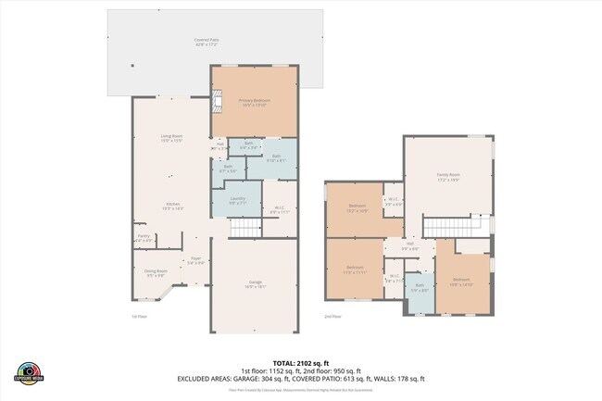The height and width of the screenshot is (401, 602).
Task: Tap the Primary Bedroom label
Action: [x=253, y=102]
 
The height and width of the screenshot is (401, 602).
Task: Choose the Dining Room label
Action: [x=155, y=273]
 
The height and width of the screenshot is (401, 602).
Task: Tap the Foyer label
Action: [x=196, y=261]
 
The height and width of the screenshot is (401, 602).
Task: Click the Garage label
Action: [x=255, y=284]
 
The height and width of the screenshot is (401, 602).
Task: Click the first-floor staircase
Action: [x=247, y=228]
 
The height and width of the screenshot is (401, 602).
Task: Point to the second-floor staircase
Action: [x=456, y=227]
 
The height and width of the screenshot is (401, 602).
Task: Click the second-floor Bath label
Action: [x=420, y=289]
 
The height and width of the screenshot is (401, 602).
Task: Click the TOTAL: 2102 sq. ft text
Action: [x=300, y=363]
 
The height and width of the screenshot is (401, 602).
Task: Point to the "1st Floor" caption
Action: [x=139, y=316]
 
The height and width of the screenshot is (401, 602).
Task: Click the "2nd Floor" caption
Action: [x=332, y=316]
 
